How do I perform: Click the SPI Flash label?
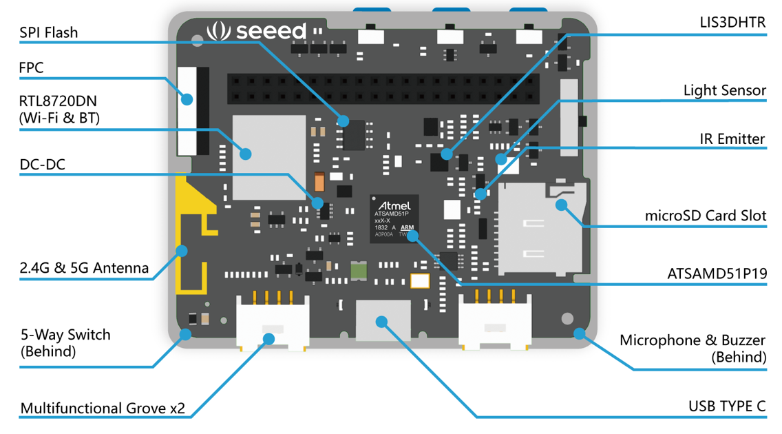coord(48,33)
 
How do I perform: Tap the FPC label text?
coord(31,68)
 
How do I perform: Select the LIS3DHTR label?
coord(732,23)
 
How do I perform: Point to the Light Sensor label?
coord(724,90)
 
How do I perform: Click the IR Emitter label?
coord(732,138)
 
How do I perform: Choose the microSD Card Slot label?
coord(705,216)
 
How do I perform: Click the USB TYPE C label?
coord(727,406)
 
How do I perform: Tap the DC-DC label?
coord(43,165)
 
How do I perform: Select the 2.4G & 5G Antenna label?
coord(84,268)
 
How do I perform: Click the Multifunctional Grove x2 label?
coord(103,408)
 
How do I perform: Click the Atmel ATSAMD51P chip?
coord(394,219)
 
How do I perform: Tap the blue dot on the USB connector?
coord(381,322)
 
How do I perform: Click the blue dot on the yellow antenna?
coord(182,251)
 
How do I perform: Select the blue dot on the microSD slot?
coord(562,205)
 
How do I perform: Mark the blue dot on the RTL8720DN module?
coord(245,154)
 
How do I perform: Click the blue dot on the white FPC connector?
coord(187,99)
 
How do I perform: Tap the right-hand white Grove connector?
coord(495,322)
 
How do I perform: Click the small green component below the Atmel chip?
coord(359,270)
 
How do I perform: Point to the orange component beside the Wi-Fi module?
coord(319,182)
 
